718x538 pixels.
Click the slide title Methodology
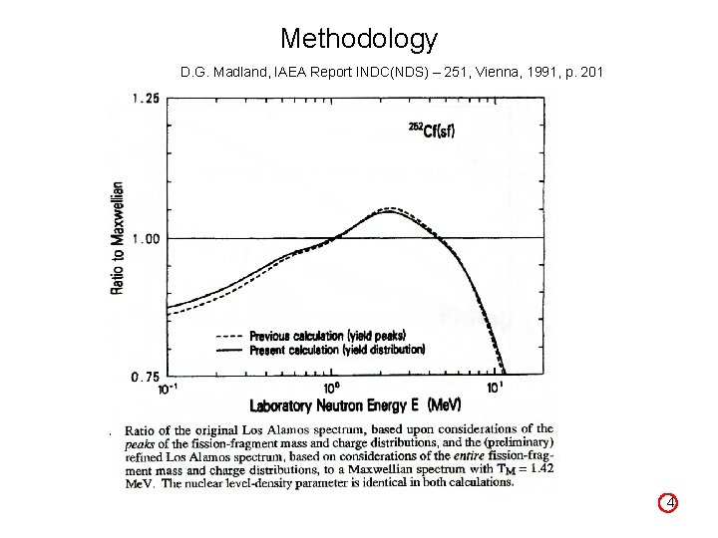click(359, 39)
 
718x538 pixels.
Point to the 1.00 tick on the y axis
click(146, 238)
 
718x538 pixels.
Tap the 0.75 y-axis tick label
click(146, 377)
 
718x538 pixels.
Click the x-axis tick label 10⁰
click(332, 388)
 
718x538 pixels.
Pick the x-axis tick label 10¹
click(495, 388)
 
